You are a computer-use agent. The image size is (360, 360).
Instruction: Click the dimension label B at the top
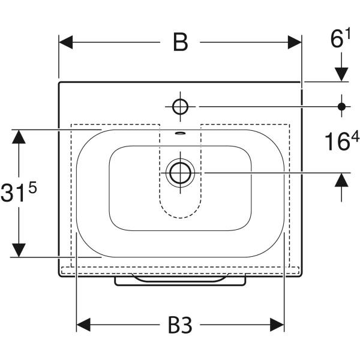[x=180, y=42]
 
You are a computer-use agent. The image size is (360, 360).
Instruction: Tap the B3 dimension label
[x=180, y=325]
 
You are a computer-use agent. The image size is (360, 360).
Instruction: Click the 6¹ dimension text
[x=340, y=38]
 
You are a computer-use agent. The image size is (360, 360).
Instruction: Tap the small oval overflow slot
[x=180, y=133]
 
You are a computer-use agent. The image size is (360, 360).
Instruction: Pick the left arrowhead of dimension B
[x=66, y=42]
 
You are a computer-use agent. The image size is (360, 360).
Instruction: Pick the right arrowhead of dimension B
[x=295, y=42]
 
